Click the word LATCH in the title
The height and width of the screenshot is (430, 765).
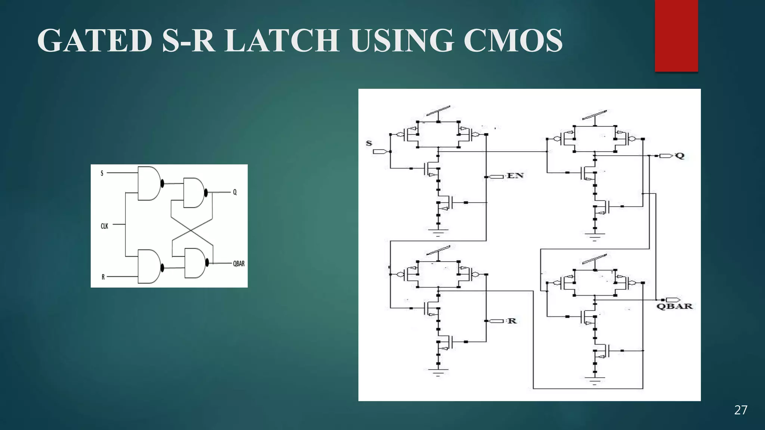pyautogui.click(x=282, y=40)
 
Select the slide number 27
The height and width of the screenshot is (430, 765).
pyautogui.click(x=741, y=410)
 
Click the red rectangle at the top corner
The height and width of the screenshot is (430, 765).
pyautogui.click(x=676, y=35)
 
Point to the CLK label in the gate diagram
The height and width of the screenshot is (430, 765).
pyautogui.click(x=105, y=226)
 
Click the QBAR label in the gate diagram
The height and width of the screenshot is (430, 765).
pyautogui.click(x=239, y=264)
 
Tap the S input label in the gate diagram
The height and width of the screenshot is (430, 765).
pyautogui.click(x=102, y=173)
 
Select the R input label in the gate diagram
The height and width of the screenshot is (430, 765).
pyautogui.click(x=103, y=277)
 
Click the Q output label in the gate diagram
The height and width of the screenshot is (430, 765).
pyautogui.click(x=235, y=192)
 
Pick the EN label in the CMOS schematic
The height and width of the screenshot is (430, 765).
pyautogui.click(x=515, y=176)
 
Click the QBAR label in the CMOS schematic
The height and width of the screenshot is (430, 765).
pyautogui.click(x=674, y=306)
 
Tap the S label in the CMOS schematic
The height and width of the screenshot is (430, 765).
pyautogui.click(x=369, y=143)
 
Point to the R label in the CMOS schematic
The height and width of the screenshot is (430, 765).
pyautogui.click(x=512, y=321)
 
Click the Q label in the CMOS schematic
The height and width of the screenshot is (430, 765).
pyautogui.click(x=680, y=156)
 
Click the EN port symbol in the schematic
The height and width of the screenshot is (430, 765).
pyautogui.click(x=496, y=177)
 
